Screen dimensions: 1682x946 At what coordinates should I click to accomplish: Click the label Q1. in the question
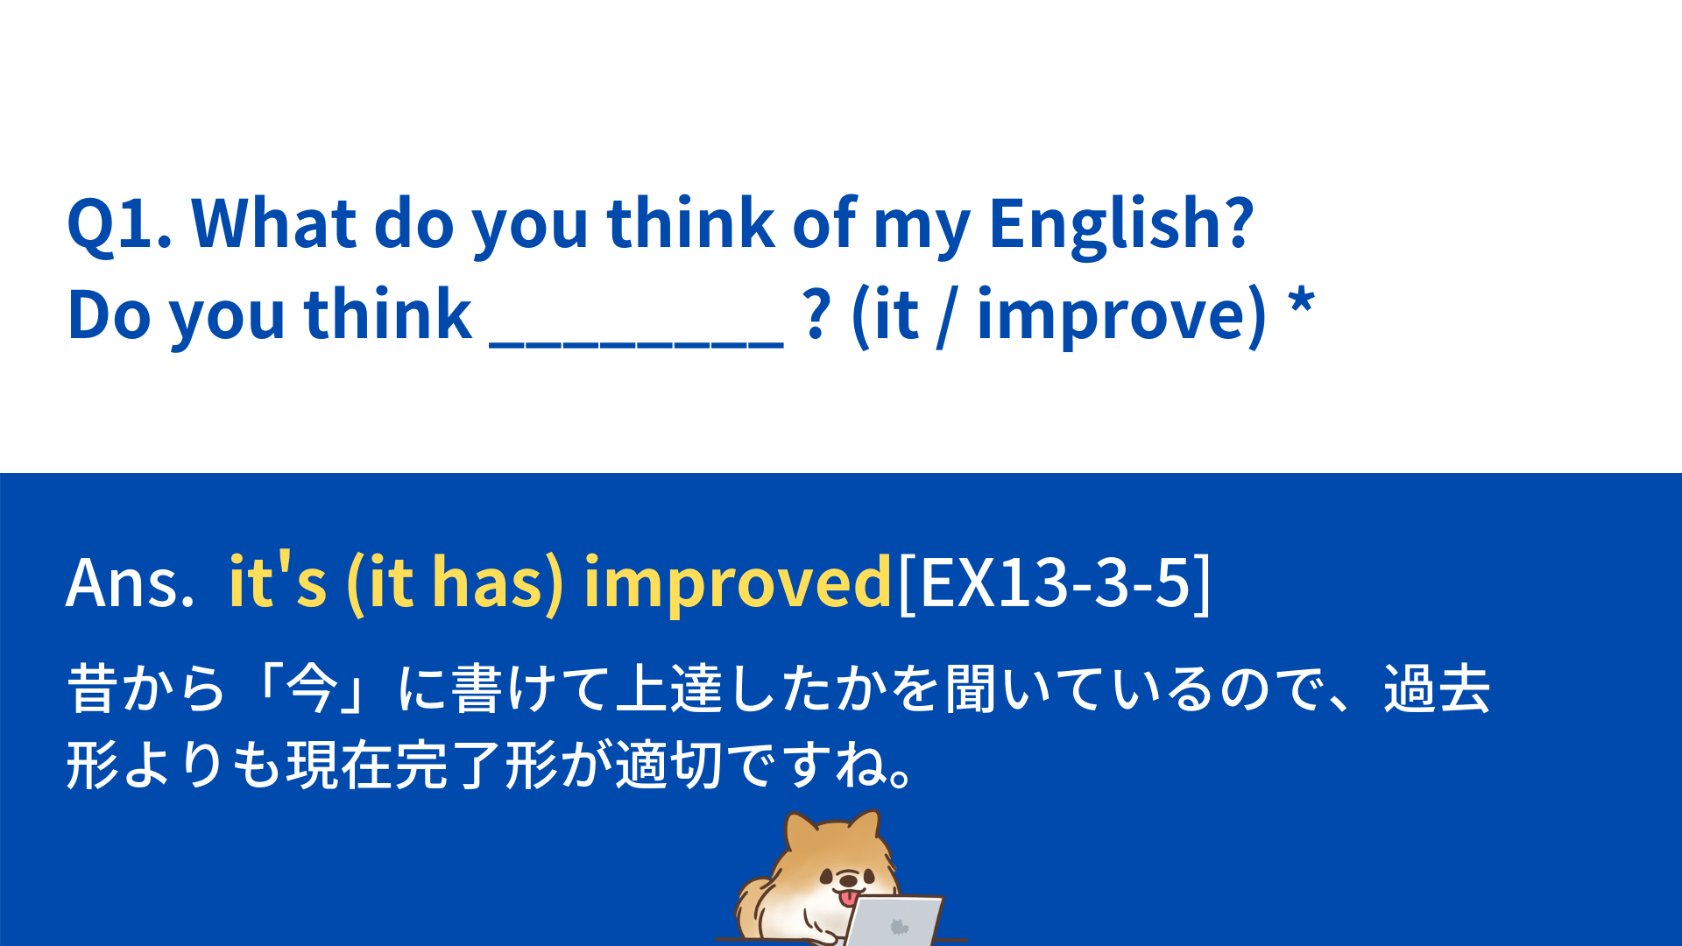click(119, 224)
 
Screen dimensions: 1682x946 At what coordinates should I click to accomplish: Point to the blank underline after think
click(636, 346)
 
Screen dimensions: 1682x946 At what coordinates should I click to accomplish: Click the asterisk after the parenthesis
click(1302, 303)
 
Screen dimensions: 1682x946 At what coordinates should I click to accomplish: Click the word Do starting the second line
click(109, 314)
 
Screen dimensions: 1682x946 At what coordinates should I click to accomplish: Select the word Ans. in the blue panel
click(130, 582)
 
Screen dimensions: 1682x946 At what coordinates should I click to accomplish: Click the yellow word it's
click(277, 580)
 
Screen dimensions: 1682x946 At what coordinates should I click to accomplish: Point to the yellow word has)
click(498, 582)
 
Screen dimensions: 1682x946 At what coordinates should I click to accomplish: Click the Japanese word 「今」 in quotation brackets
click(310, 688)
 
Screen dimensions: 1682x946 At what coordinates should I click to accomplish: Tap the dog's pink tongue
click(848, 898)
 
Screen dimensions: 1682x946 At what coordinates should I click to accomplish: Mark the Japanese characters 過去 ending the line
click(1437, 688)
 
